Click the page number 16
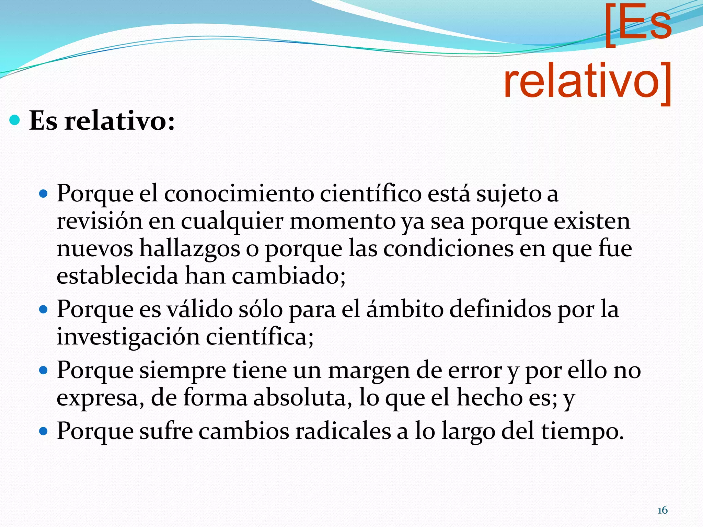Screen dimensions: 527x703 [x=662, y=510]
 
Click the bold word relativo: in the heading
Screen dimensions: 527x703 [x=120, y=121]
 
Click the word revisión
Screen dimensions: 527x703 [x=99, y=221]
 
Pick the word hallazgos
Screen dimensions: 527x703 [x=189, y=249]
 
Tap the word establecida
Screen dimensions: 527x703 [x=117, y=276]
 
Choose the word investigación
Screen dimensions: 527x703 [x=128, y=337]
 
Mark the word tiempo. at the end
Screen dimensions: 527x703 [x=583, y=432]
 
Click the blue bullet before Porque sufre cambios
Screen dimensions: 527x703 [x=43, y=431]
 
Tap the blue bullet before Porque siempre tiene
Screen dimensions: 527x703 [x=43, y=371]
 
